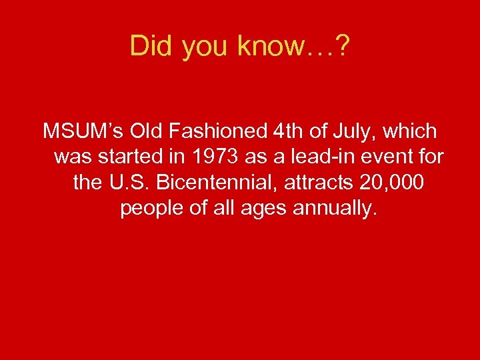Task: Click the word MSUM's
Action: click(82, 131)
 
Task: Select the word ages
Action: click(259, 209)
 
